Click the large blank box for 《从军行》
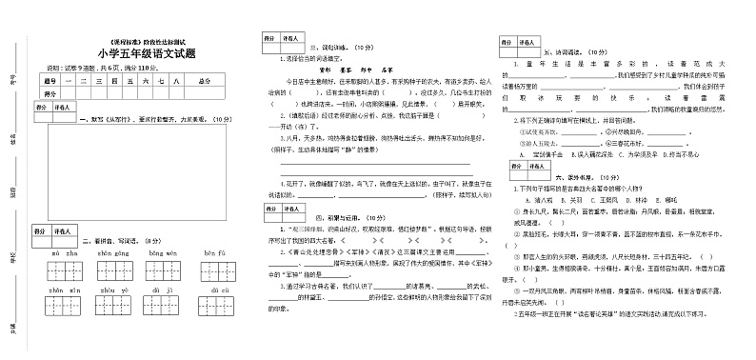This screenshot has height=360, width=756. pyautogui.click(x=137, y=170)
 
